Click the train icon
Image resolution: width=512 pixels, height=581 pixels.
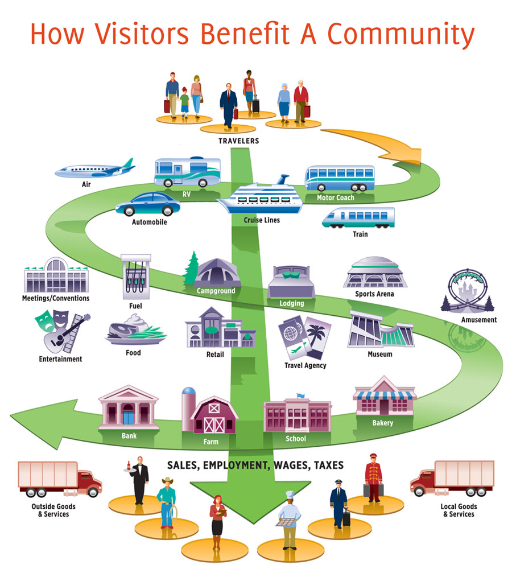pos(358,219)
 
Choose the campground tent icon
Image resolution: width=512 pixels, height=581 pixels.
pos(210,272)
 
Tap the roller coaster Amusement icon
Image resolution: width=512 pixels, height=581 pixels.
pos(469,292)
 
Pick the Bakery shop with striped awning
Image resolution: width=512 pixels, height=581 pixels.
pos(383,398)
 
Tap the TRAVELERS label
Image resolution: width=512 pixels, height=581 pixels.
pos(238,141)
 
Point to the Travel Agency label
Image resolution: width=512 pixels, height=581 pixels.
pos(305,365)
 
